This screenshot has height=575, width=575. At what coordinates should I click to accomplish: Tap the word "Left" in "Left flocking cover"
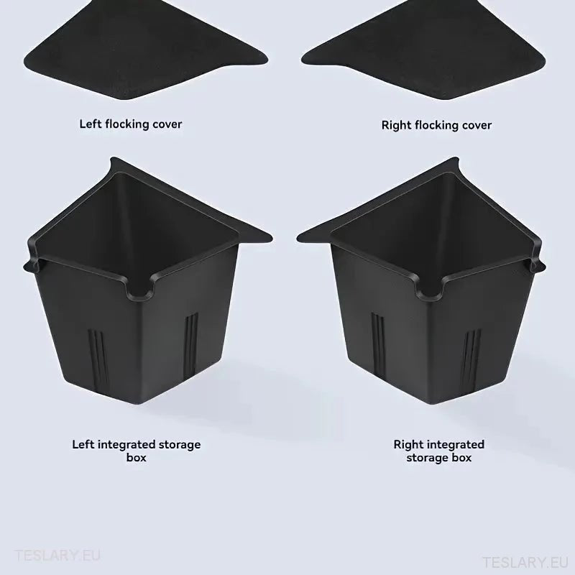(91, 124)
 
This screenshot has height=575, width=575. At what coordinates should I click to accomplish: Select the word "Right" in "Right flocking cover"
(397, 125)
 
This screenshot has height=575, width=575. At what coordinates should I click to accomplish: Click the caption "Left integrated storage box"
(137, 451)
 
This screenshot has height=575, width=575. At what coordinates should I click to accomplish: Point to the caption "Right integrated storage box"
(439, 451)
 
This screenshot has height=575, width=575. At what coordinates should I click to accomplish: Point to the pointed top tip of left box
(112, 160)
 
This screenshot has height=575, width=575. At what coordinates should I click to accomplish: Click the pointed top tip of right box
(456, 160)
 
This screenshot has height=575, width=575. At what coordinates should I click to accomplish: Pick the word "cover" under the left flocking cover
(166, 124)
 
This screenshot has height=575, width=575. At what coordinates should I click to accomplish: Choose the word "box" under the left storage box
(137, 458)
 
